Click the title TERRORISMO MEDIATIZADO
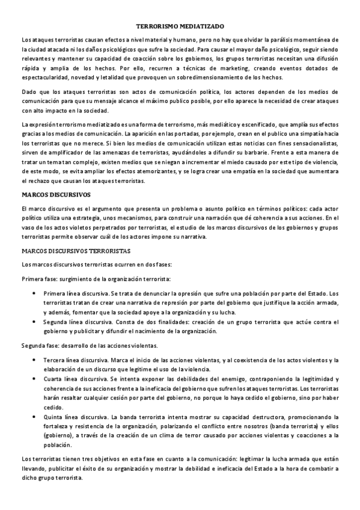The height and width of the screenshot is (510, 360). pyautogui.click(x=180, y=27)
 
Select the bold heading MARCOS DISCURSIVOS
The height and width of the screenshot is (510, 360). pyautogui.click(x=56, y=195)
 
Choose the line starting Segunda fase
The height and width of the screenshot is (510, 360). pyautogui.click(x=90, y=345)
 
